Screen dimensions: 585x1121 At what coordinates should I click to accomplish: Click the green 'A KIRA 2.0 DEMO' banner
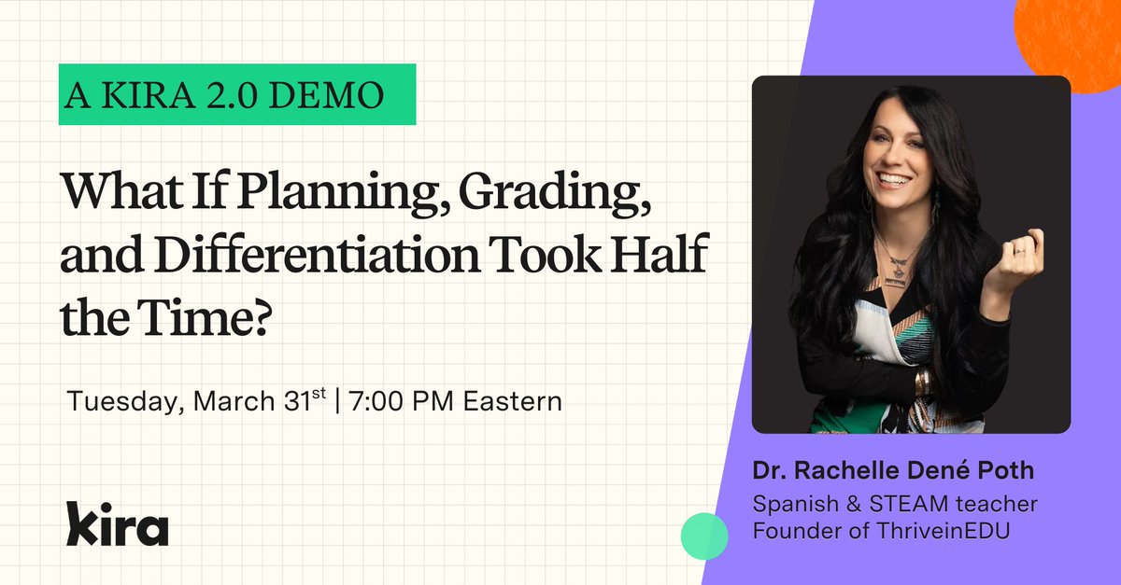(x=237, y=94)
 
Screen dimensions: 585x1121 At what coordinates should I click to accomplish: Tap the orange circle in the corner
(x=1074, y=37)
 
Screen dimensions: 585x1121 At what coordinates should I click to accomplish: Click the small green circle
(x=703, y=536)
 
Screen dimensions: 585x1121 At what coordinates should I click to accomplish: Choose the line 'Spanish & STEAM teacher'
(x=895, y=504)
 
